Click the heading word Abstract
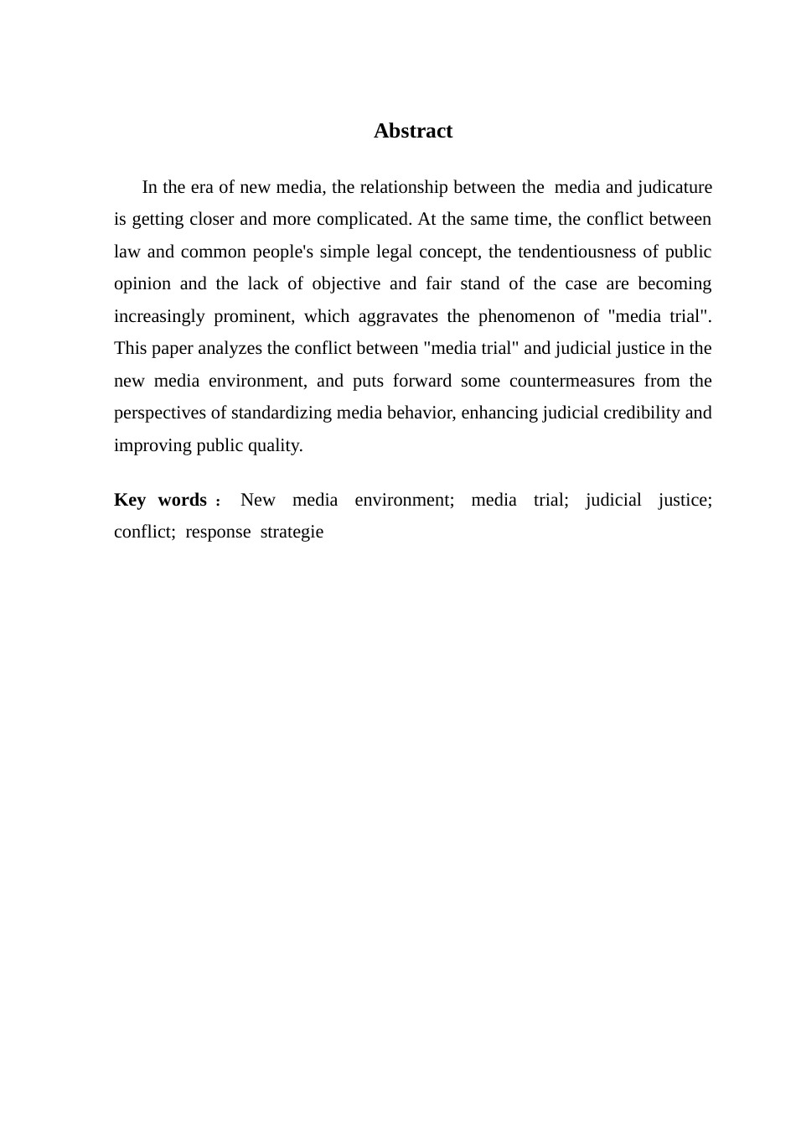(412, 131)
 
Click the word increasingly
(159, 316)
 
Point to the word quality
(278, 445)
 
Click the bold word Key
(130, 500)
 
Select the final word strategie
(292, 532)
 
